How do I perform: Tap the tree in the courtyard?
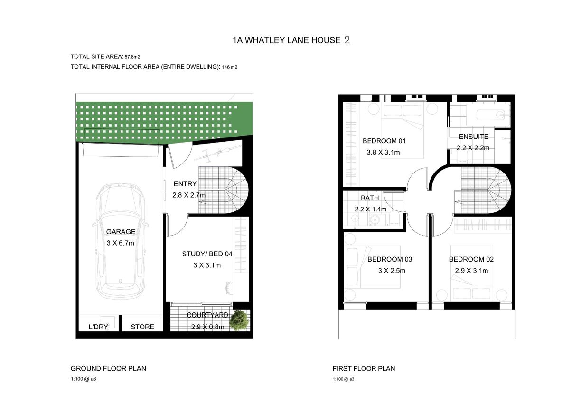239,320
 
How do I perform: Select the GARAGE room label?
121,232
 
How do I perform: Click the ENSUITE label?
474,137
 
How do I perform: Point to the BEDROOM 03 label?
390,259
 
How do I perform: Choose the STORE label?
142,327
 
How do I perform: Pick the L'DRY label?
98,327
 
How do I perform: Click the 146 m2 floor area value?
230,67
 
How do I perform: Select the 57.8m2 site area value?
132,57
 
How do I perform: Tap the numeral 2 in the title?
347,40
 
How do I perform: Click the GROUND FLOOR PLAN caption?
108,369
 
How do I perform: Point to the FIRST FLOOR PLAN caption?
364,369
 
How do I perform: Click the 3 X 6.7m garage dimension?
121,243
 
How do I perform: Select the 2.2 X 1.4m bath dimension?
370,209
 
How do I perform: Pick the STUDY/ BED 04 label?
207,254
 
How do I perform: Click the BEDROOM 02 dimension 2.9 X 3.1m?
471,271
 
